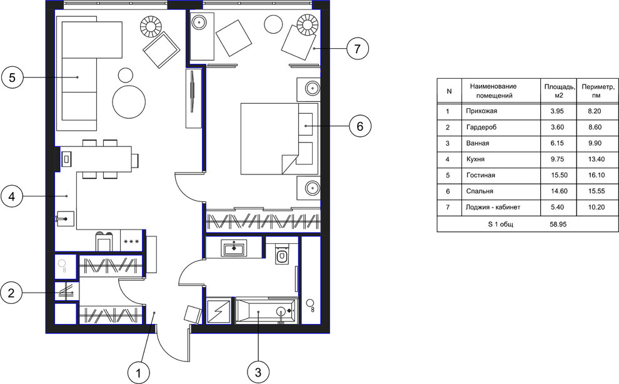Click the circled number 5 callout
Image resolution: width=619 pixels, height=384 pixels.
click(13, 78)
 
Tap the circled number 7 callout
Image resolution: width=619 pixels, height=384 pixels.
click(357, 49)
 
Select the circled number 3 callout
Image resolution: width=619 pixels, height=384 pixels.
click(258, 372)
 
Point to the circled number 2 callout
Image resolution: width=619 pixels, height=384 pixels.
click(11, 293)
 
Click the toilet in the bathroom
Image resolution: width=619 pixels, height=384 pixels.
click(282, 255)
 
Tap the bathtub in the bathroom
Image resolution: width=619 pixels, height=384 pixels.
click(266, 311)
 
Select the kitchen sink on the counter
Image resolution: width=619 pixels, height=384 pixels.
click(65, 218)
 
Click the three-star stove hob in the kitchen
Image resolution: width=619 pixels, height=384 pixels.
click(131, 241)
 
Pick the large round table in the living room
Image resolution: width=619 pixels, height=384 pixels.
click(129, 101)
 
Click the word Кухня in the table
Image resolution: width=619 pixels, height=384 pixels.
click(475, 159)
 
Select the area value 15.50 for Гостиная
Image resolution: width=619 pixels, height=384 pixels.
click(560, 175)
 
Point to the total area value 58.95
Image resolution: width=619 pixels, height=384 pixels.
click(558, 224)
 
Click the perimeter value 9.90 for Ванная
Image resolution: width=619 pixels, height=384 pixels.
click(595, 143)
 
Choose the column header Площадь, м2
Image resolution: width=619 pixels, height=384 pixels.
click(560, 91)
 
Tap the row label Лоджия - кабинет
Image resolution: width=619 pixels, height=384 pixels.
click(493, 207)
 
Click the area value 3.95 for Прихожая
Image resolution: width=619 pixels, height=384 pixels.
click(557, 111)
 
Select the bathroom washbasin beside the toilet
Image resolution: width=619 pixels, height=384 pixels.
click(234, 248)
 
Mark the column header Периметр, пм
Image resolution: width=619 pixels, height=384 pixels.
click(598, 91)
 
